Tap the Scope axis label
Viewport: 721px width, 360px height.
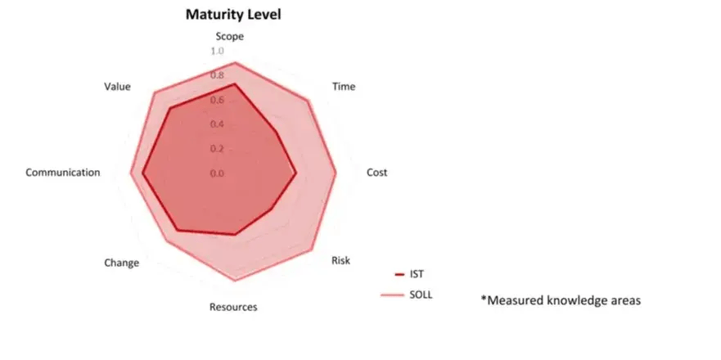[229, 37]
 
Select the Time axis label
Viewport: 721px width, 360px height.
[343, 87]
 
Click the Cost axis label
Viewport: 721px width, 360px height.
[376, 173]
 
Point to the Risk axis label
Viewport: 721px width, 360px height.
[340, 260]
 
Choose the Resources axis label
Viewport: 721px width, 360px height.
[233, 308]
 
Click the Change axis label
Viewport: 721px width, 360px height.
[121, 263]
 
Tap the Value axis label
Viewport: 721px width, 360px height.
[118, 86]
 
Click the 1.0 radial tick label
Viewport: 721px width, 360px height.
[217, 52]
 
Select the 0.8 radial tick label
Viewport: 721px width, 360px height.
[217, 76]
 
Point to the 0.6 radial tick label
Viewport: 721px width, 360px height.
[217, 101]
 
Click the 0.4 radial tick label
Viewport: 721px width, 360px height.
[217, 124]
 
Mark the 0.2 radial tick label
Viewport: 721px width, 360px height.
[217, 149]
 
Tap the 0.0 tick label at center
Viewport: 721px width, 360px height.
[217, 173]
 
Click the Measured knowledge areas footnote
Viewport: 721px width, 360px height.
[560, 300]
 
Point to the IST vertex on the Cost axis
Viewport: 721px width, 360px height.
[296, 173]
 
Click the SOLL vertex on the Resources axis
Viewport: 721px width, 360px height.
[235, 281]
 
